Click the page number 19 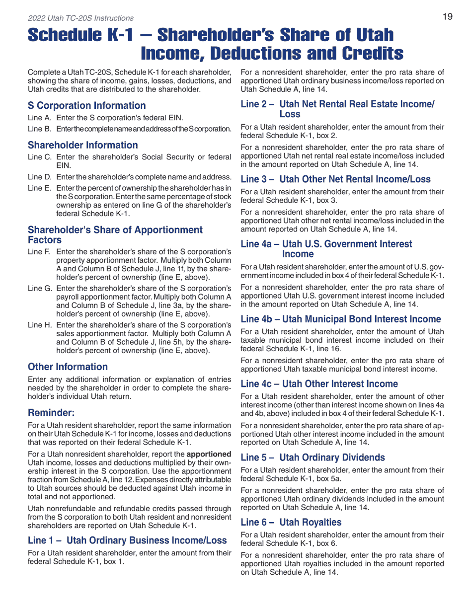[447, 17]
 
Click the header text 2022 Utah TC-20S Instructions [80, 18]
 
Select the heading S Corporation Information [87, 105]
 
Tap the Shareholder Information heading [83, 145]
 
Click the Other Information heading [68, 367]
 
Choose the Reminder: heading [51, 412]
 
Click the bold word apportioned [209, 454]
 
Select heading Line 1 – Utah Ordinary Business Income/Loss [127, 540]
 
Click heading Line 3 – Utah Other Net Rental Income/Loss [335, 179]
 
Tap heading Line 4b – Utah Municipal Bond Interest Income [340, 319]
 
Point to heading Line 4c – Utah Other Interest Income [319, 383]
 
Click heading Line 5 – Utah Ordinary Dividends [313, 457]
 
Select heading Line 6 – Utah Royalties [291, 522]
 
